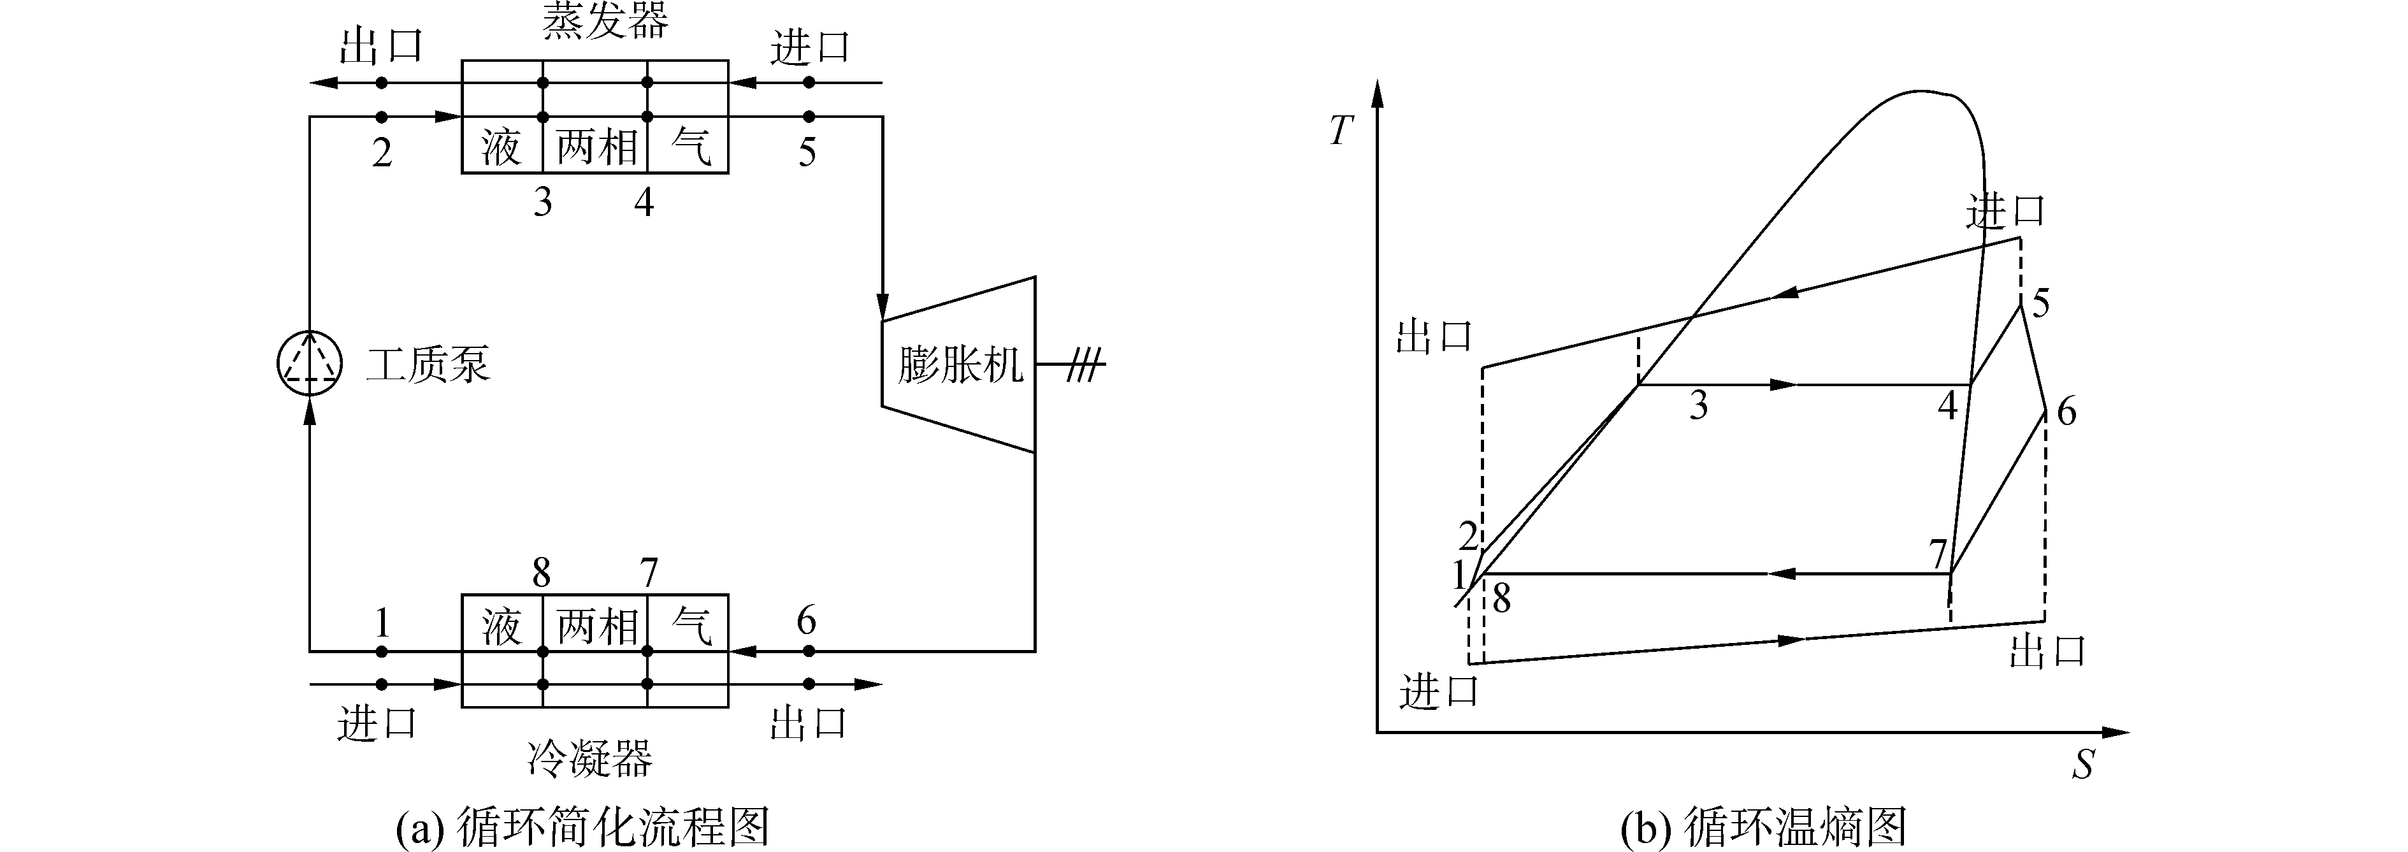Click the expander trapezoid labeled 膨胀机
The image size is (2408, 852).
tap(959, 365)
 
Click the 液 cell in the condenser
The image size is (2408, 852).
tap(502, 626)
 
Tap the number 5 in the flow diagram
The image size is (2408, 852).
tap(807, 152)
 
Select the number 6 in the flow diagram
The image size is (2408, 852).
tap(807, 620)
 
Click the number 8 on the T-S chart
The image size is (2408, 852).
tap(1501, 598)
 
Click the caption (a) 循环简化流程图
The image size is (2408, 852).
tap(582, 827)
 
